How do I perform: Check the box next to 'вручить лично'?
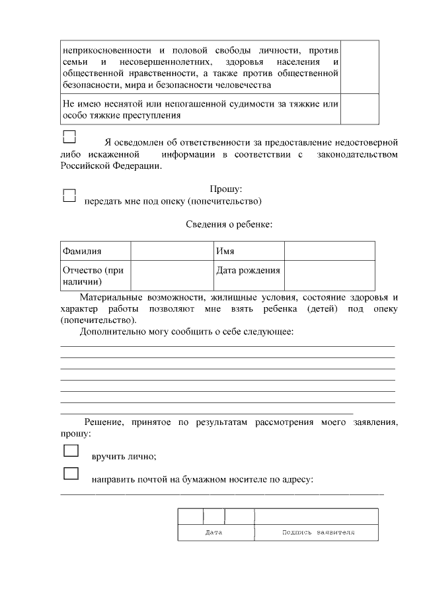71,451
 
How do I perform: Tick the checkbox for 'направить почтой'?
71,473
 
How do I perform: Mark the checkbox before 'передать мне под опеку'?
69,195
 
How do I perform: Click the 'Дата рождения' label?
248,270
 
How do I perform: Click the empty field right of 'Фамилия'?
169,252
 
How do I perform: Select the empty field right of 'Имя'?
329,252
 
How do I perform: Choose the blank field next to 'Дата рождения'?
329,276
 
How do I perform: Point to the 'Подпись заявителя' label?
318,532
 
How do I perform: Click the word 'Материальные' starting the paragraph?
110,297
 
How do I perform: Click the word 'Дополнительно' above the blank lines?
113,331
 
